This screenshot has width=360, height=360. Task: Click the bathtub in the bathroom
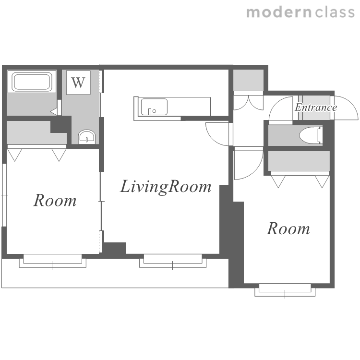coord(32,82)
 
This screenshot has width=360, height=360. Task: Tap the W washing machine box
coord(78,83)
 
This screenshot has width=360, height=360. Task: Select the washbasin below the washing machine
coord(87,137)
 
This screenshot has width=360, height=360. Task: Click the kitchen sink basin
coord(154,107)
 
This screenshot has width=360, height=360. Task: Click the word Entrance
coord(316,107)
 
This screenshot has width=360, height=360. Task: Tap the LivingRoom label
coord(166,186)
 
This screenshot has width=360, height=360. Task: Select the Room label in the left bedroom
coord(55,201)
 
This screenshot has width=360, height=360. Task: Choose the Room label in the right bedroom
coord(288,228)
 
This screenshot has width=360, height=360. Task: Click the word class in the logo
coord(335,12)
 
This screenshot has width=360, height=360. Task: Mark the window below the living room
coord(173,261)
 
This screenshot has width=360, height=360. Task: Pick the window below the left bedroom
coord(53,261)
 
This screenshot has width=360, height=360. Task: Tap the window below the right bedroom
coord(285,290)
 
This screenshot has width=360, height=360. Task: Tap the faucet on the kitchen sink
coord(150,111)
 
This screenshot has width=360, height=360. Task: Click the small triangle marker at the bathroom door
coord(54,112)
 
